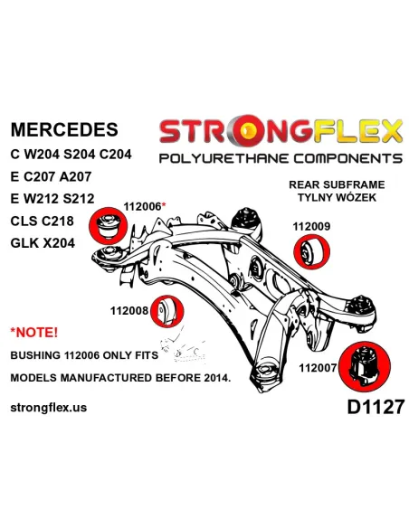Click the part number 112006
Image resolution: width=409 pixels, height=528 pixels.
pos(142,206)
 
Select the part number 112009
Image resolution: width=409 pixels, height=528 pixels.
pos(311,226)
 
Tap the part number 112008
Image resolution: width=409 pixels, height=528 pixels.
pos(129,310)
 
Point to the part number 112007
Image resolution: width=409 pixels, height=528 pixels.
pos(318,368)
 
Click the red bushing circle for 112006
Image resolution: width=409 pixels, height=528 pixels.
pos(108,225)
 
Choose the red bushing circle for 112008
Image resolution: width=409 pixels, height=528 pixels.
pos(166,311)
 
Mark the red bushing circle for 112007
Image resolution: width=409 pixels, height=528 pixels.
pos(364,368)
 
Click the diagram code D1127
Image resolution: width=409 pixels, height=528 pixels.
pos(376,407)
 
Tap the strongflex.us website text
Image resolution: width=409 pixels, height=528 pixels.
pos(49,408)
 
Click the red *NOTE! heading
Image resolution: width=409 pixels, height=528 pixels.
pos(34,333)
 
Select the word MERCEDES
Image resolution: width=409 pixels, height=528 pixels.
pos(64,129)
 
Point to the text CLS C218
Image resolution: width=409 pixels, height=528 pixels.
pos(43,221)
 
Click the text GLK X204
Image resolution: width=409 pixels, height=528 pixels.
pos(43,243)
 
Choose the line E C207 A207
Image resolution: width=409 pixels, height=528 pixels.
pos(51,176)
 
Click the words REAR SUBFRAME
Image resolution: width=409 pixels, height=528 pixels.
pos(337,184)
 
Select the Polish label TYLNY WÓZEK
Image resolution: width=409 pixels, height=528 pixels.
pos(337,197)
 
